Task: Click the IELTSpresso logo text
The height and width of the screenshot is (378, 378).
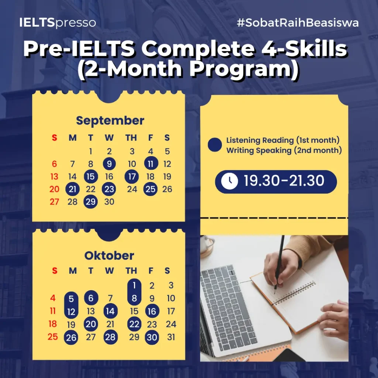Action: click(58, 23)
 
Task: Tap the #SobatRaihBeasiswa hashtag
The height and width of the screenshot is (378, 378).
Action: click(298, 23)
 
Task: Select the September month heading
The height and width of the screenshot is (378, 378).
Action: click(110, 121)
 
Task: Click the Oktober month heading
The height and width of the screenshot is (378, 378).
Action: click(109, 255)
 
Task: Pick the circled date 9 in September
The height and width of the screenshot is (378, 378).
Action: click(109, 164)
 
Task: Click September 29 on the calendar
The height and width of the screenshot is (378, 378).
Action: click(91, 202)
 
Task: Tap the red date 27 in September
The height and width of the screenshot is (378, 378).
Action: click(54, 202)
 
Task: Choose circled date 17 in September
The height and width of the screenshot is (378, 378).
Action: click(132, 176)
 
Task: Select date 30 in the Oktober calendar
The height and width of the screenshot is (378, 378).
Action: click(152, 337)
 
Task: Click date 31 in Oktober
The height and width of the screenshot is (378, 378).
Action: click(171, 337)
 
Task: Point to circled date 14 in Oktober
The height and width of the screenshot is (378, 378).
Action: click(110, 311)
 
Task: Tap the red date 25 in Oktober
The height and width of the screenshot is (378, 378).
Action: click(52, 337)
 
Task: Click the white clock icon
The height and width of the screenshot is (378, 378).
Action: click(229, 181)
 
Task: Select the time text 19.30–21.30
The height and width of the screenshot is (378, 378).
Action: click(284, 181)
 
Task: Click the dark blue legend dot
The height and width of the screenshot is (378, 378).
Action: click(214, 145)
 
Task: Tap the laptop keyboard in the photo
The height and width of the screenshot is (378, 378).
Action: click(228, 306)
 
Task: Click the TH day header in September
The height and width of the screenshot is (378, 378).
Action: click(131, 138)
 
